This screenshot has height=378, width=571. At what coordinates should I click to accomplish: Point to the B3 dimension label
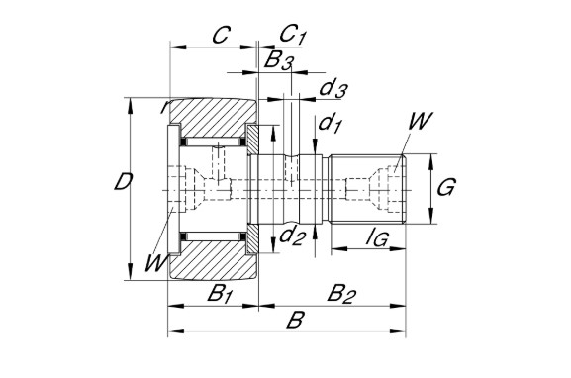tap(278, 59)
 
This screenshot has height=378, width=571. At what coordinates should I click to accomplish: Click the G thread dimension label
tap(446, 187)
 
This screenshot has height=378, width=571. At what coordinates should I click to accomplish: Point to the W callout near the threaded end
tap(420, 123)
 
